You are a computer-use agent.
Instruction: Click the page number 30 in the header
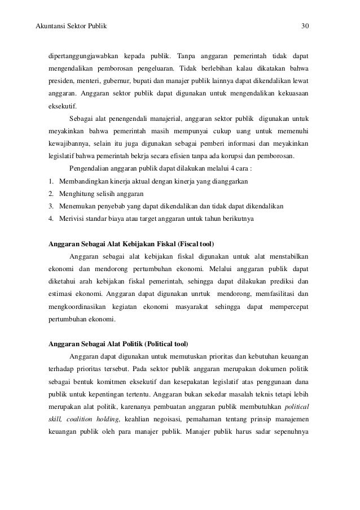304,26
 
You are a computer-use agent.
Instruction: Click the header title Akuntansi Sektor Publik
71,26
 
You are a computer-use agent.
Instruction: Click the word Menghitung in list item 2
77,193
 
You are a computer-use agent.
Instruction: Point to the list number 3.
51,206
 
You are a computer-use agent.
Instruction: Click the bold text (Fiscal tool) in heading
195,243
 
